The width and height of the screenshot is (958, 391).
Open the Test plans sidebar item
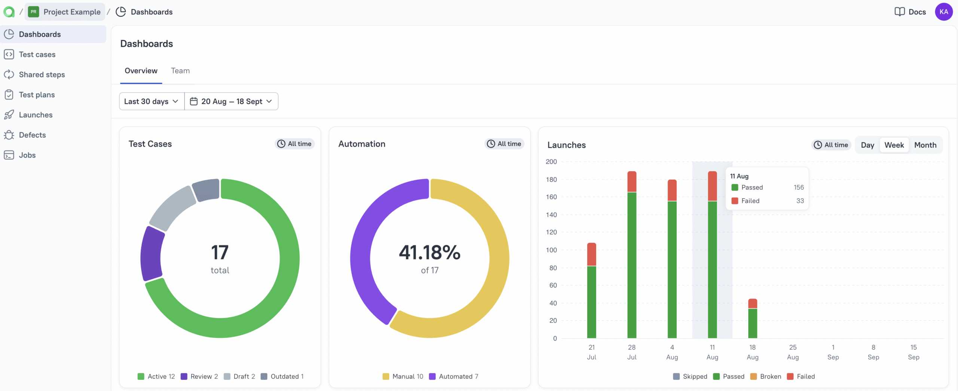(37, 95)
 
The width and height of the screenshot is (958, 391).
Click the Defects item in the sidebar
(32, 135)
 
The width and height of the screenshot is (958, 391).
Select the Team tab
(180, 71)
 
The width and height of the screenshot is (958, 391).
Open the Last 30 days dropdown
(151, 101)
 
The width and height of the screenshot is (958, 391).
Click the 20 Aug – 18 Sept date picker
(231, 101)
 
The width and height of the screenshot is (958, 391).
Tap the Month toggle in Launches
(925, 145)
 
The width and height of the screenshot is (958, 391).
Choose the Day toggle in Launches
(867, 145)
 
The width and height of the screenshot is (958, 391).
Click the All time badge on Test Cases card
(295, 144)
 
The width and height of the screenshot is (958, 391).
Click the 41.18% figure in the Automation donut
(429, 253)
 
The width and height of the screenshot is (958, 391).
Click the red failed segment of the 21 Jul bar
(591, 254)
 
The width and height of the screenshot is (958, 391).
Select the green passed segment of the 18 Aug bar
(752, 323)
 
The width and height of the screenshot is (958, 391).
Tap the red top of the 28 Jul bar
(632, 181)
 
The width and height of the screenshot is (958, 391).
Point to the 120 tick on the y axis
(551, 232)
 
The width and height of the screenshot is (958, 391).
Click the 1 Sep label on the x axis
(833, 352)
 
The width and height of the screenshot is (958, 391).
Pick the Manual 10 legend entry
(403, 376)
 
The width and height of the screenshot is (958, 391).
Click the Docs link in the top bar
(910, 12)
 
